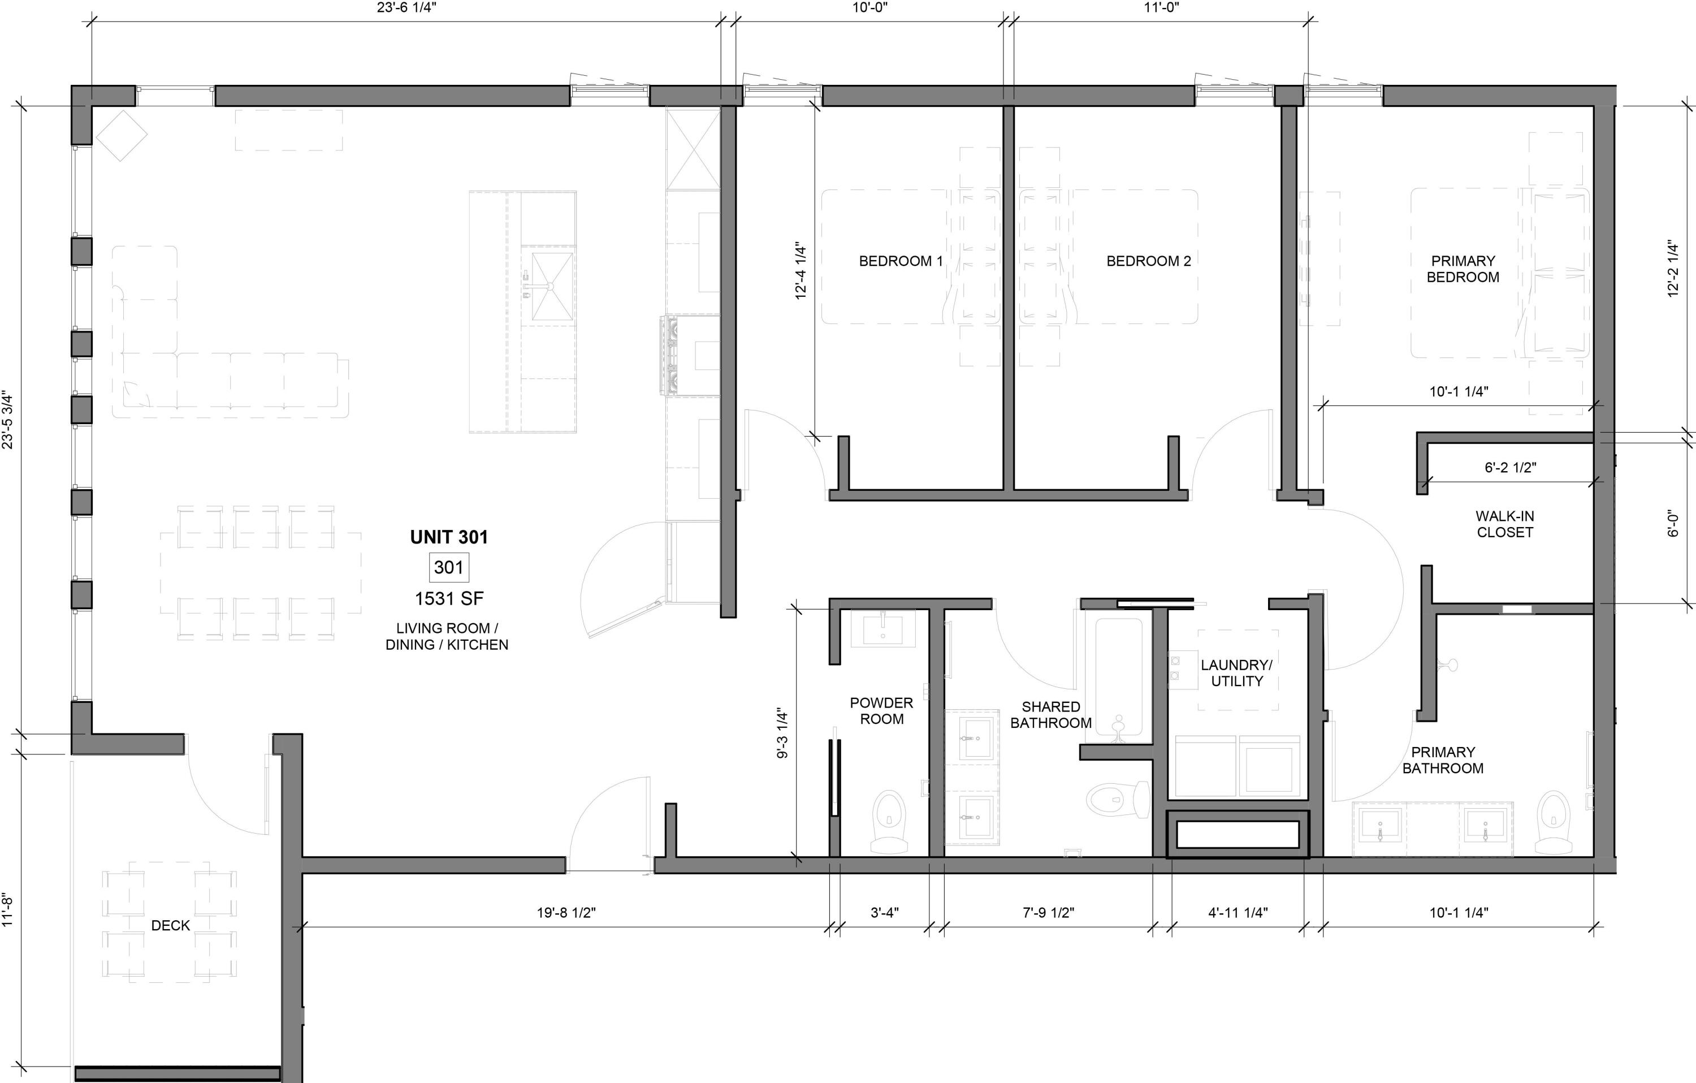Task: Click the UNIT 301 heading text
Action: pos(449,537)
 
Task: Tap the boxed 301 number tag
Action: pos(449,567)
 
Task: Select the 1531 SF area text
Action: pos(449,598)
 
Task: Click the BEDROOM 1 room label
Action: pos(900,261)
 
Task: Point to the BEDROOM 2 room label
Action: pos(1148,261)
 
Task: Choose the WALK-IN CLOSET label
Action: pos(1504,524)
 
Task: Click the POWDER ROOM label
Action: pos(881,710)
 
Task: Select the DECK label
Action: pos(170,925)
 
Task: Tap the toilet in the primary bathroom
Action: pos(1552,821)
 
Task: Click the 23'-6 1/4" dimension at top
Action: pos(401,8)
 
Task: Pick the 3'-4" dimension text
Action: pos(884,912)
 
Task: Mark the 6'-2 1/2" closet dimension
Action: pos(1510,467)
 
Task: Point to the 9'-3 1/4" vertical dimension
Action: pos(782,733)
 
